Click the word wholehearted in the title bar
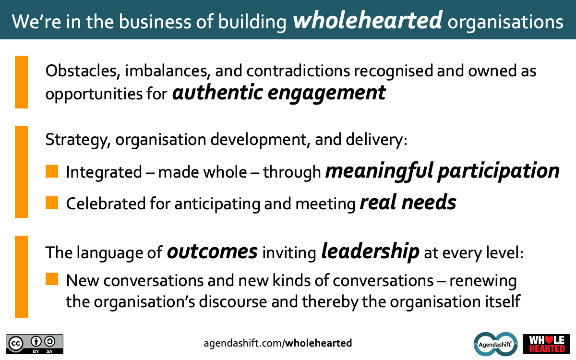[368, 20]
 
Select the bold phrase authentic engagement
[279, 93]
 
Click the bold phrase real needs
[408, 203]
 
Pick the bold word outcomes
[212, 252]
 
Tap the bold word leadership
[370, 252]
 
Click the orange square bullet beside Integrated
[52, 171]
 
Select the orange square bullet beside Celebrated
[52, 203]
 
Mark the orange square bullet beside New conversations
[52, 279]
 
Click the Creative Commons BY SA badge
[35, 344]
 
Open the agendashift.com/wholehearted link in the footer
[278, 343]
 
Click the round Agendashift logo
[495, 344]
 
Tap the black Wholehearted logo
[546, 344]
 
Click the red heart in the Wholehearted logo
[549, 340]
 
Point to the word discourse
[233, 301]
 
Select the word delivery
[376, 140]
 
